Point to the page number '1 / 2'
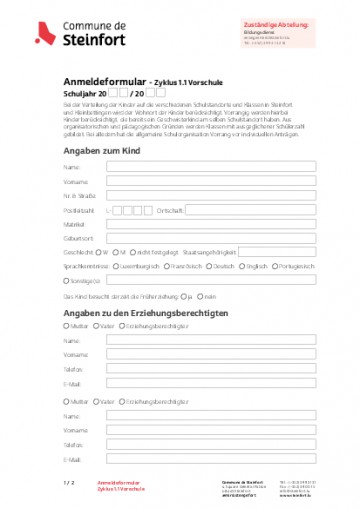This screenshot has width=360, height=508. pos(69,483)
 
